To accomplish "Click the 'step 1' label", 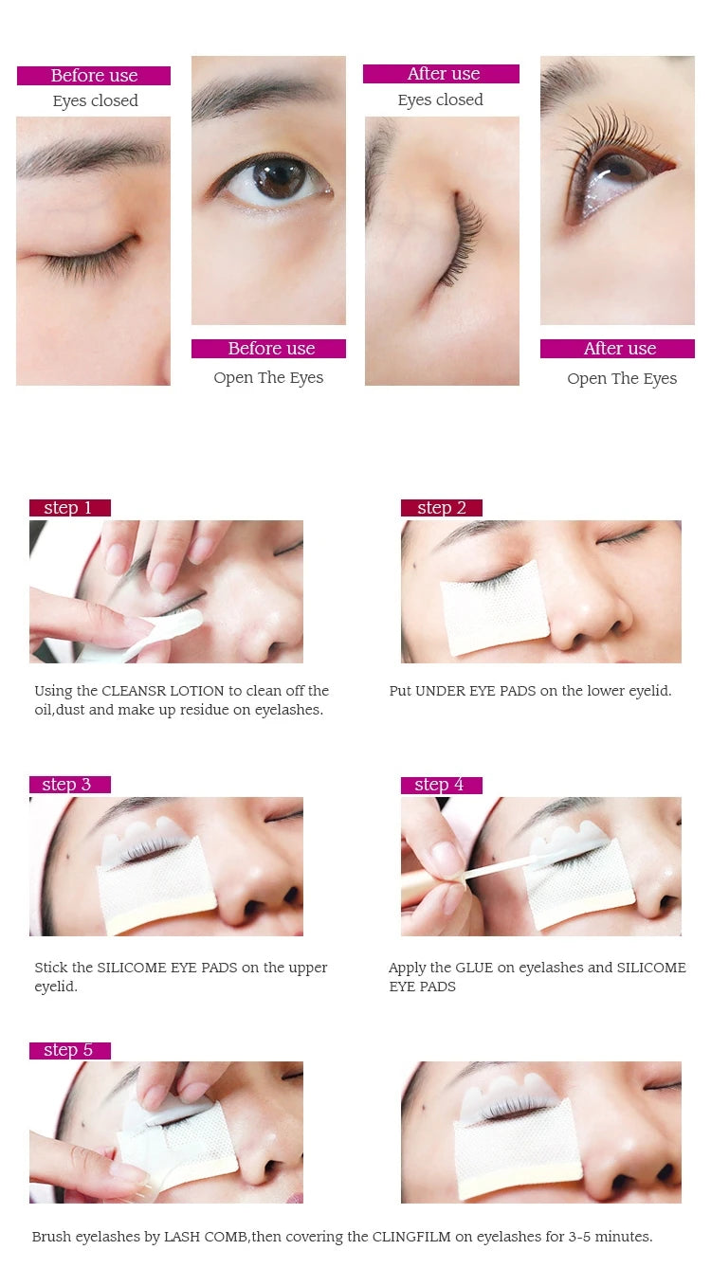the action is point(69,508).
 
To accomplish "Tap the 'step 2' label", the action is point(441,508).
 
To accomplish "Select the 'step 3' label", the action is point(69,785).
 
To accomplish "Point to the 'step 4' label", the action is point(441,785).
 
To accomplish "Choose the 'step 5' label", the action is point(69,1050).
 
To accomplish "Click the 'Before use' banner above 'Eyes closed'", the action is point(94,75).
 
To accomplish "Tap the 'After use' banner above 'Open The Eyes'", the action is point(617,349).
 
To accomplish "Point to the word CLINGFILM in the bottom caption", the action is point(411,1236).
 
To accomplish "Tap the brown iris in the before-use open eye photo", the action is point(280,178).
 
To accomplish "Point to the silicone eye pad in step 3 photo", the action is point(143,838).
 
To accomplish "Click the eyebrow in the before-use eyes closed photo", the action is point(92,154).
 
